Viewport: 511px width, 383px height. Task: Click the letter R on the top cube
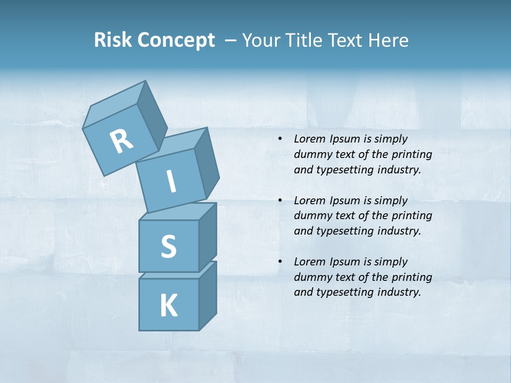click(x=121, y=142)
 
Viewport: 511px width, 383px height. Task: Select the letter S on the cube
click(x=169, y=246)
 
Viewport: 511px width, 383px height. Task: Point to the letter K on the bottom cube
click(x=168, y=306)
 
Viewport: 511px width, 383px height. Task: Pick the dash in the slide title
click(x=231, y=41)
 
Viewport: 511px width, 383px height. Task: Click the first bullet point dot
click(x=280, y=139)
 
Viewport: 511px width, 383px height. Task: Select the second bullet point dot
click(x=280, y=201)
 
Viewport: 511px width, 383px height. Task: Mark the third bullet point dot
click(x=280, y=262)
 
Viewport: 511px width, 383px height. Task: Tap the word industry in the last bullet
click(x=399, y=292)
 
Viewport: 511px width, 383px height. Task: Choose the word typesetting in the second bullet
click(x=344, y=231)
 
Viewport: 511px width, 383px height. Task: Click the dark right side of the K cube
click(x=208, y=295)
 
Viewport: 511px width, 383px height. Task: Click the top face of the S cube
click(x=178, y=211)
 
